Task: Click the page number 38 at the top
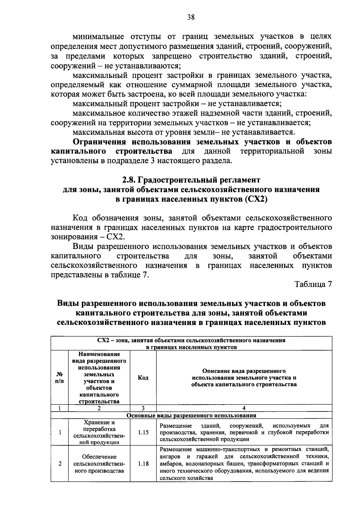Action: coord(191,17)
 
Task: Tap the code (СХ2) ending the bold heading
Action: coord(256,199)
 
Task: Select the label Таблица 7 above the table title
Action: coord(313,284)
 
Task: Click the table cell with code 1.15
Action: coord(143,433)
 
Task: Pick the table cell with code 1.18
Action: coord(143,464)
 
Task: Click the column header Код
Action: coord(143,378)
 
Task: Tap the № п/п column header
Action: coord(60,378)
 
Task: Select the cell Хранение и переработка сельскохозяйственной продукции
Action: coord(99,432)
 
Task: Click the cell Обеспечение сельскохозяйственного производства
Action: coord(99,464)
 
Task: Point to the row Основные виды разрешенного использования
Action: coord(191,416)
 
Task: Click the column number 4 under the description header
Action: coord(244,408)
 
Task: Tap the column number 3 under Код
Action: coord(143,408)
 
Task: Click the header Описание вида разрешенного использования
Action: coord(244,378)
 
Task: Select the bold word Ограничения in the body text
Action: coord(100,142)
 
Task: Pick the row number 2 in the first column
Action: coord(60,464)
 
